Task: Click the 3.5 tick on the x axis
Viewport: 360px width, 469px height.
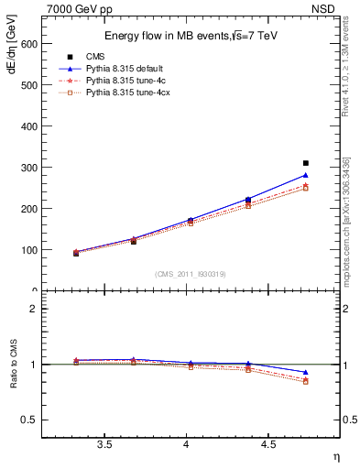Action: click(104, 446)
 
